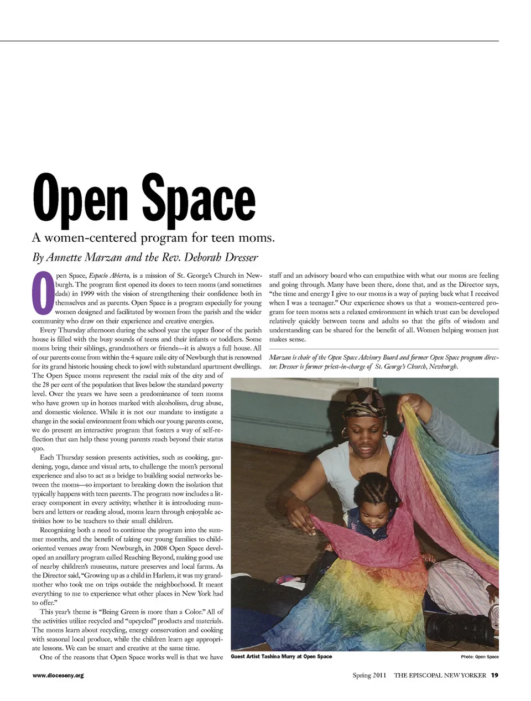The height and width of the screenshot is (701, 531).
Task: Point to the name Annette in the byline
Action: tap(65, 257)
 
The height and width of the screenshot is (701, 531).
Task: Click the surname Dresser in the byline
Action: tap(237, 257)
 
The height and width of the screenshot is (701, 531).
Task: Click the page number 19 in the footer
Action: tap(494, 675)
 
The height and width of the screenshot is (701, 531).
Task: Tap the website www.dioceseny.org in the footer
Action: tap(58, 675)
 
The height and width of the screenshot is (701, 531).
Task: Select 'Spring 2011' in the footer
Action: tap(369, 675)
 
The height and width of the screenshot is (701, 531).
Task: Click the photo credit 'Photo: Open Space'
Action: tap(480, 657)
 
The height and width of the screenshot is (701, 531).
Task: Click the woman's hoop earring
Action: tap(346, 433)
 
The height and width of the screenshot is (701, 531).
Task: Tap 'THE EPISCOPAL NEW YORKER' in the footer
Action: tap(440, 675)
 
